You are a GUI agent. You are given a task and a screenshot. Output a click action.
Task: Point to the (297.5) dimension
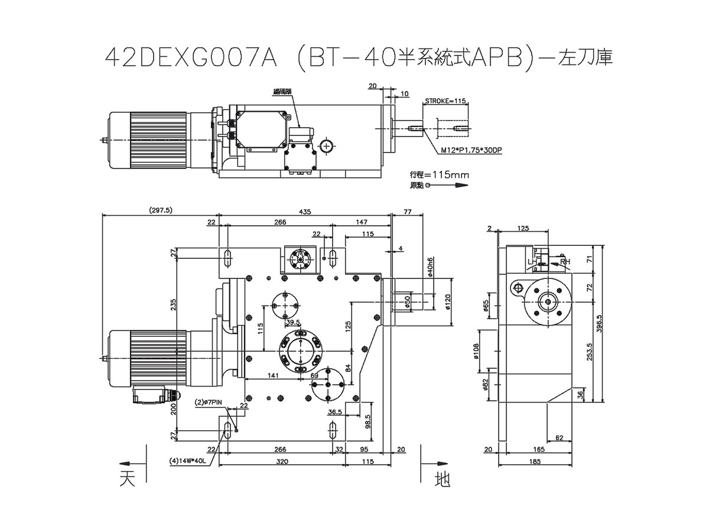tap(160, 210)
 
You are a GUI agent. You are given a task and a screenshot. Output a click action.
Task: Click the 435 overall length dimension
tap(304, 210)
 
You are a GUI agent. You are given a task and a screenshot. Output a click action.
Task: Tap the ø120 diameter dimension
tap(448, 301)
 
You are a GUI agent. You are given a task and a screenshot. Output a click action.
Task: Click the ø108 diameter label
tap(476, 352)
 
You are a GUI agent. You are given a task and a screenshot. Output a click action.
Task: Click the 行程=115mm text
tap(439, 175)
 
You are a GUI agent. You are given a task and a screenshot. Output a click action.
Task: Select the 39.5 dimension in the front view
tap(293, 322)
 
